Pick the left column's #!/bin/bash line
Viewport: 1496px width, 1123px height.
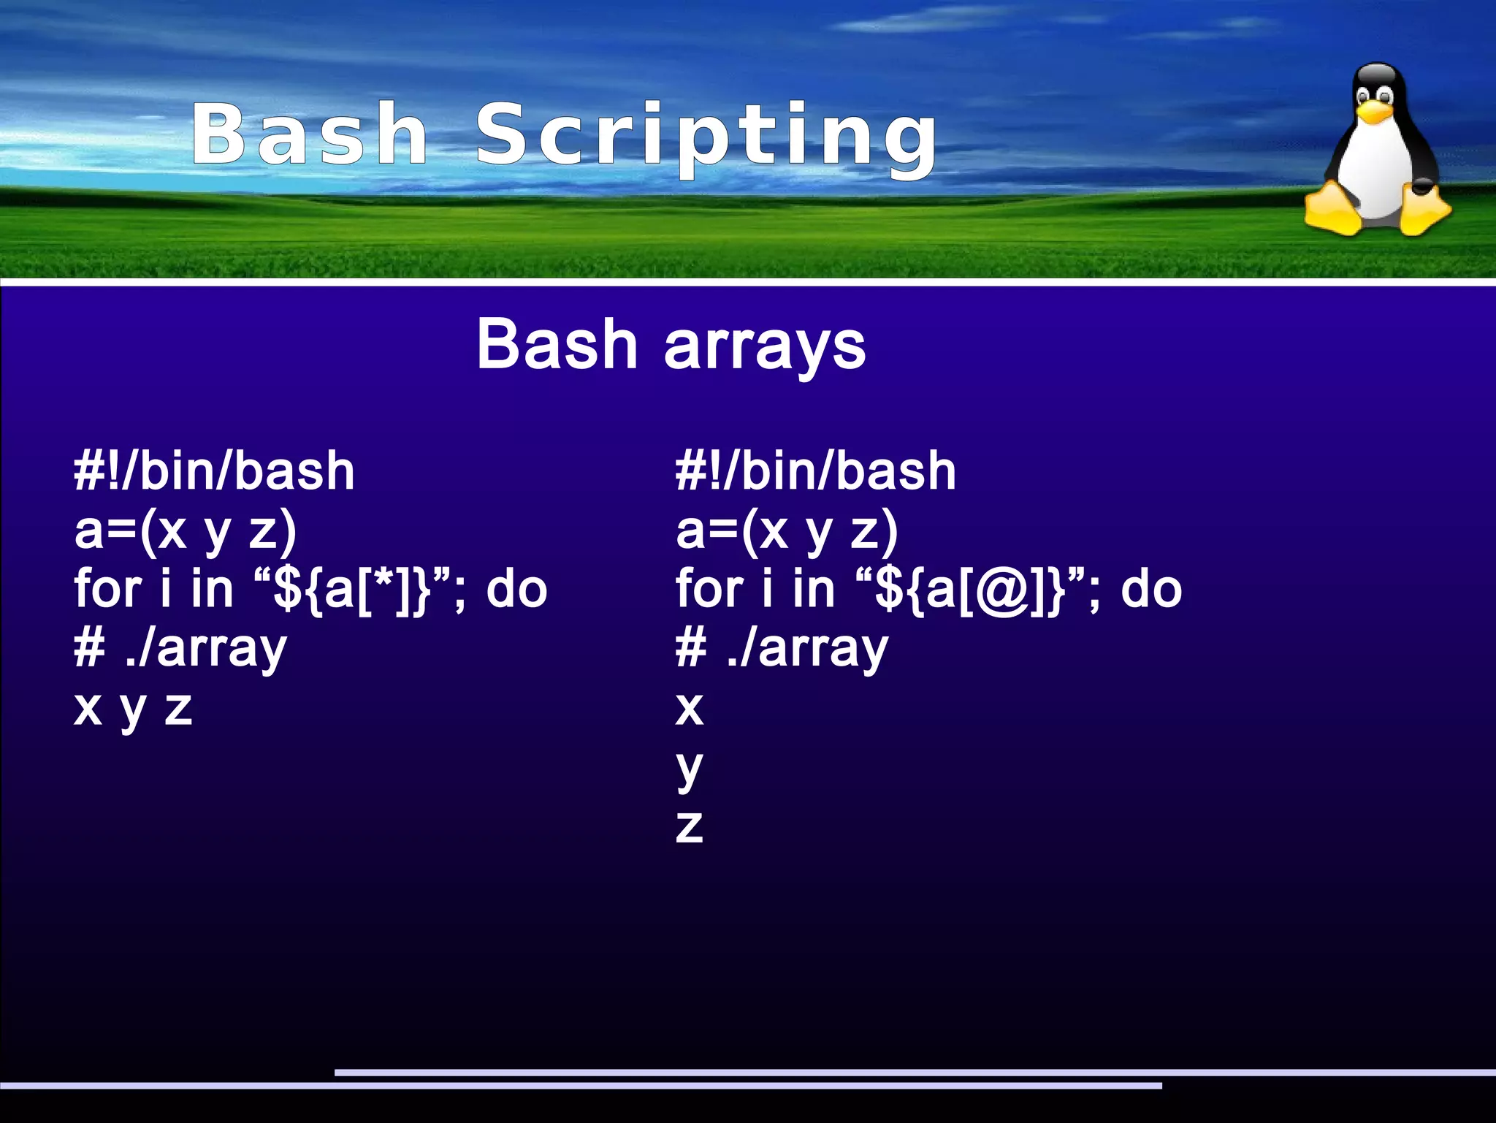(x=214, y=471)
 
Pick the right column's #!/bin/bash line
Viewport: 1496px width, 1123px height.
(x=815, y=471)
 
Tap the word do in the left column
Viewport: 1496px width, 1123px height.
(x=516, y=589)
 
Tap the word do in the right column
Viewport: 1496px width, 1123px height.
(x=1151, y=589)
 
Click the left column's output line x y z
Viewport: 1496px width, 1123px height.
(x=133, y=708)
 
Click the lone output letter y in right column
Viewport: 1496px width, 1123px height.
(x=689, y=769)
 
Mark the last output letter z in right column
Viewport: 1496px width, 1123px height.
(x=689, y=826)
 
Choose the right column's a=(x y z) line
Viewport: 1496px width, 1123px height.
(x=786, y=530)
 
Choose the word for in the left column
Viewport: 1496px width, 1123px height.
(x=107, y=589)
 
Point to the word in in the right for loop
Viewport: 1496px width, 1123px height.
(x=813, y=589)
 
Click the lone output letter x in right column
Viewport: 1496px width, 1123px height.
(x=689, y=708)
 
